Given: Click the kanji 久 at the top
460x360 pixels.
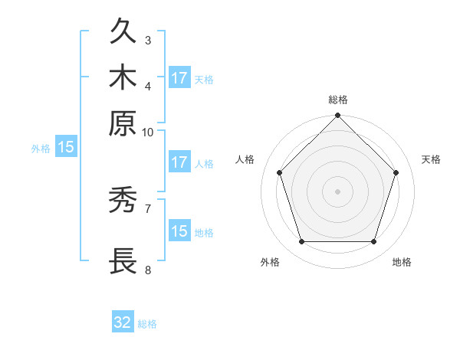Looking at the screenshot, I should pos(123,32).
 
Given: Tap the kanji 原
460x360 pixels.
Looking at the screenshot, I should pos(123,123).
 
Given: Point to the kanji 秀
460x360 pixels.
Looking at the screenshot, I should pos(123,200).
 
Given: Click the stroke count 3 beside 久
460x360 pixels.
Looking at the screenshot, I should pos(148,40).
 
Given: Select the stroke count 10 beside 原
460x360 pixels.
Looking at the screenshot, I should pos(148,132).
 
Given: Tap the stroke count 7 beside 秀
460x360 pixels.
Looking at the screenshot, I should pos(148,208).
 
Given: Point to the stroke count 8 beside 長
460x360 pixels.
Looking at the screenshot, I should pos(148,270).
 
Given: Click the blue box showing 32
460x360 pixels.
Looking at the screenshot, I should pos(123,322).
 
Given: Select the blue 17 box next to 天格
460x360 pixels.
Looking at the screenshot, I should pos(179,78).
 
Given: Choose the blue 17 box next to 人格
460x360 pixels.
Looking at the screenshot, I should pos(179,162).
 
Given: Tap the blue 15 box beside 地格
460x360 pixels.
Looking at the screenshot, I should pos(179,231).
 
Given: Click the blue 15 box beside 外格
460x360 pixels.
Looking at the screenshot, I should pos(66,148).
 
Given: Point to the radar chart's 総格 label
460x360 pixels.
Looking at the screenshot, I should pos(338,100).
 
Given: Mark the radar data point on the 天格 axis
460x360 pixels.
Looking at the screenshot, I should pos(396,172).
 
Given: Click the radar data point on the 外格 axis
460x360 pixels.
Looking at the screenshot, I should pos(301,242).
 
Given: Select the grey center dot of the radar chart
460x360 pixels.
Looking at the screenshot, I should pos(338,191).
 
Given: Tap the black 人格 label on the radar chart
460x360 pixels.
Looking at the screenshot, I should pos(245,159).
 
